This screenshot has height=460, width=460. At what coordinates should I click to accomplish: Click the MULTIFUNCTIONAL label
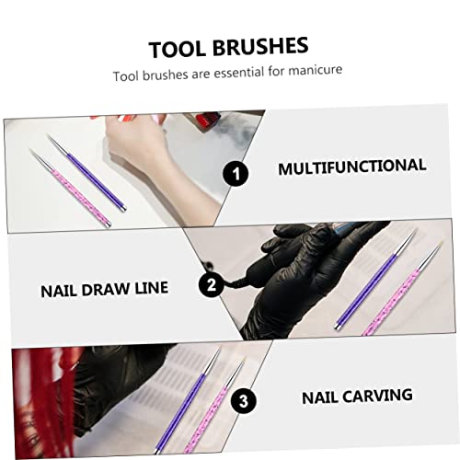(352, 167)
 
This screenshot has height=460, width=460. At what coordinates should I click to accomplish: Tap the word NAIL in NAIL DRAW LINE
(61, 289)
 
